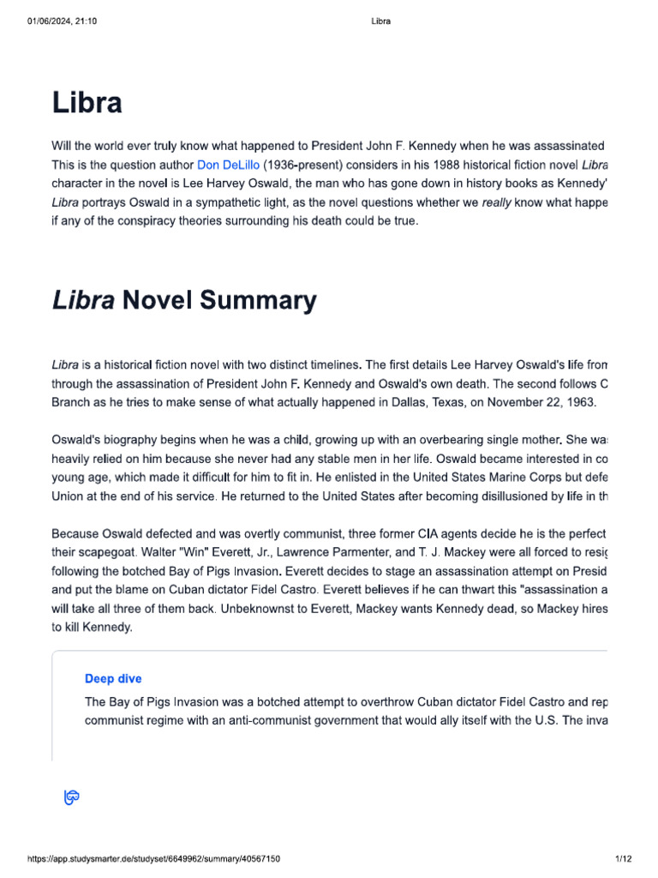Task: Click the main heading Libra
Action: coord(87,103)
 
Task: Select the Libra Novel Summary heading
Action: coord(183,301)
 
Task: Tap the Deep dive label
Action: coord(113,678)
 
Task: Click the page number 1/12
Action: coord(623,859)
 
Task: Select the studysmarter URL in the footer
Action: coord(153,859)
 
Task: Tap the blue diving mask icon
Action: coord(72,798)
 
